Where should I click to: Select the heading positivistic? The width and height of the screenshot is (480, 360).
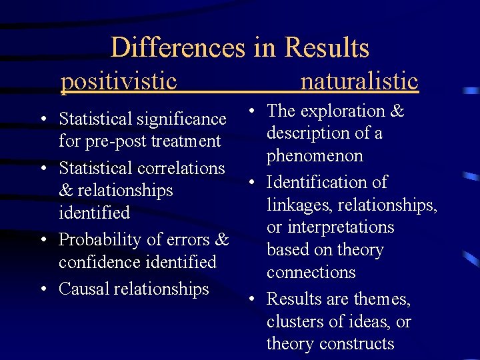pyautogui.click(x=119, y=81)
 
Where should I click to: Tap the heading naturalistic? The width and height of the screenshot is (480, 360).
pyautogui.click(x=359, y=81)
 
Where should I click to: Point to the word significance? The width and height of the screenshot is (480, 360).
pyautogui.click(x=181, y=119)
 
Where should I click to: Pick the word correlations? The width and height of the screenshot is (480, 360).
pyautogui.click(x=181, y=168)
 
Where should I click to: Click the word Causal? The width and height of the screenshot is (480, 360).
pyautogui.click(x=82, y=289)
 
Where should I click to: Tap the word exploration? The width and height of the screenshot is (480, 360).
pyautogui.click(x=339, y=111)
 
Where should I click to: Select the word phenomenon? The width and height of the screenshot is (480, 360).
pyautogui.click(x=315, y=156)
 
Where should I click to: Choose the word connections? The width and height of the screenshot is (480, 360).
pyautogui.click(x=311, y=273)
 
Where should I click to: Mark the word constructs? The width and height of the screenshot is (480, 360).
pyautogui.click(x=358, y=344)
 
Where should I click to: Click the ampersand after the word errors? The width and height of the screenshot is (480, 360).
pyautogui.click(x=223, y=239)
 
